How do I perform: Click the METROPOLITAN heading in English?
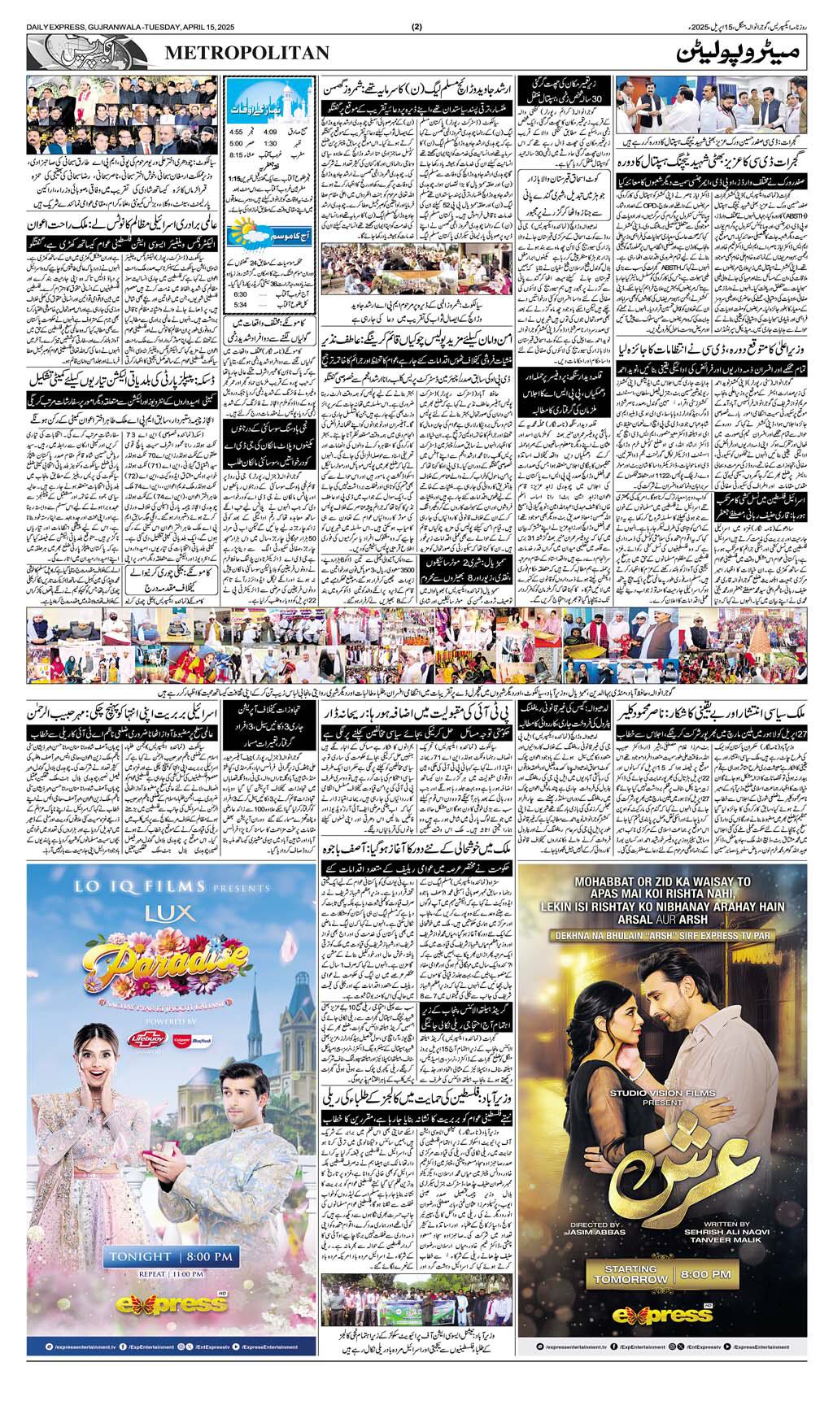[x=247, y=53]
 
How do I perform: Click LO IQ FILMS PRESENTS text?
[x=171, y=887]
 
